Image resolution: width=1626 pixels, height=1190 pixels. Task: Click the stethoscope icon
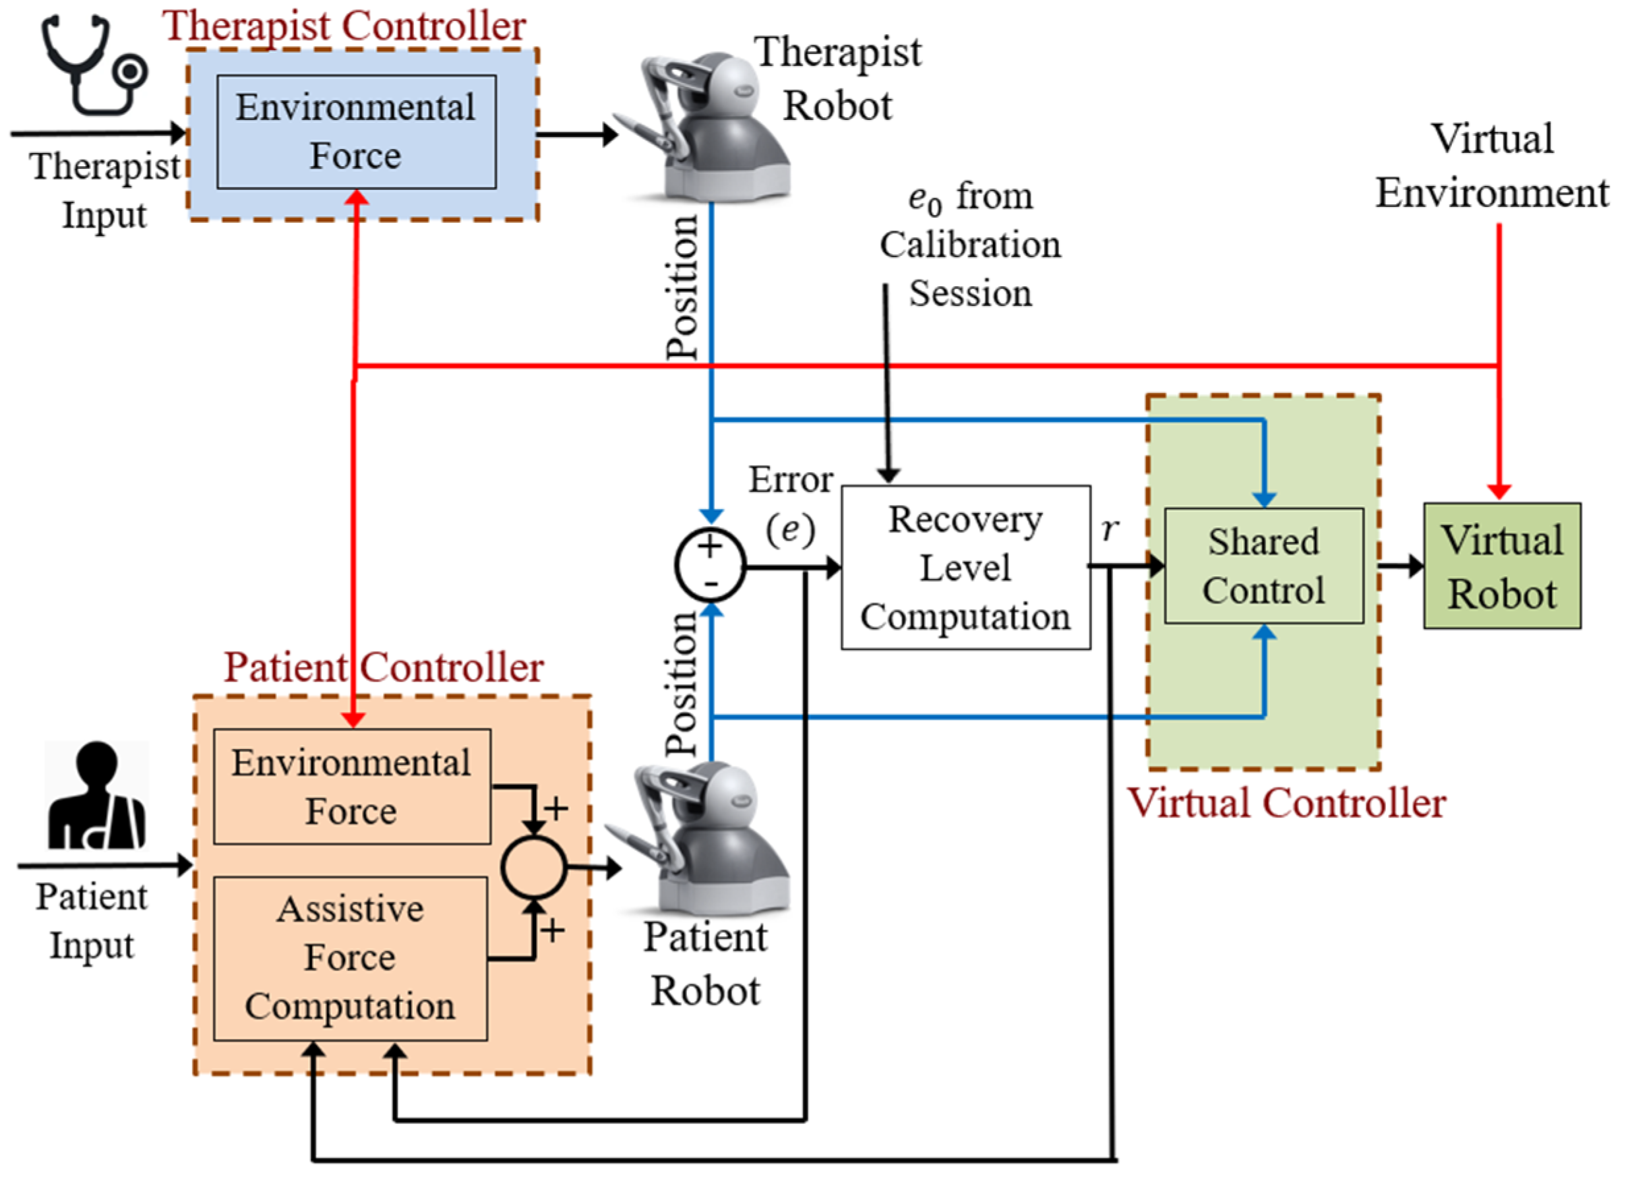[94, 65]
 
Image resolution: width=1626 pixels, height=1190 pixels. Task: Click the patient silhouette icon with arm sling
[96, 795]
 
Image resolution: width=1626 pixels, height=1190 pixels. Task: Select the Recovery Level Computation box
[965, 568]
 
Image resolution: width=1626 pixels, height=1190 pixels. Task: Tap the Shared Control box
[1263, 566]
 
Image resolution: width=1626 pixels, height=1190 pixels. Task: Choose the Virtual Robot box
[1502, 566]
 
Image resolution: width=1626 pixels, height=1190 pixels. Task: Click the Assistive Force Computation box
[350, 959]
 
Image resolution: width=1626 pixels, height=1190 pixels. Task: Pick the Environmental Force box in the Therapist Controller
[357, 132]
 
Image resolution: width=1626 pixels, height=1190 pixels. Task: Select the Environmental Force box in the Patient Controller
[352, 787]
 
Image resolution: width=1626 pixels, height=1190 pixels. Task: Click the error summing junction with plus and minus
[710, 566]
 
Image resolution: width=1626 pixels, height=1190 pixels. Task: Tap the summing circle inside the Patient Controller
[534, 868]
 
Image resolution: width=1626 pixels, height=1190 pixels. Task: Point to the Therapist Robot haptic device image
[702, 126]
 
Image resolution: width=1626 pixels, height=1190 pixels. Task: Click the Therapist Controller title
[344, 26]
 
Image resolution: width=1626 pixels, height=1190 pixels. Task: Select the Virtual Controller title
[1286, 802]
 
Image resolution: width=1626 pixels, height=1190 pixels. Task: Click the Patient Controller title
[383, 667]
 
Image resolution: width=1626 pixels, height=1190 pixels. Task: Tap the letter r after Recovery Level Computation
[1110, 529]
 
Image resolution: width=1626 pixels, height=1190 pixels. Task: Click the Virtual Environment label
[1492, 165]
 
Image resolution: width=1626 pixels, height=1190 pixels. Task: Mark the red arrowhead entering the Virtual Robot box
[1499, 492]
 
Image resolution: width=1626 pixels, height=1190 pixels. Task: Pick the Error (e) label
[791, 504]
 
